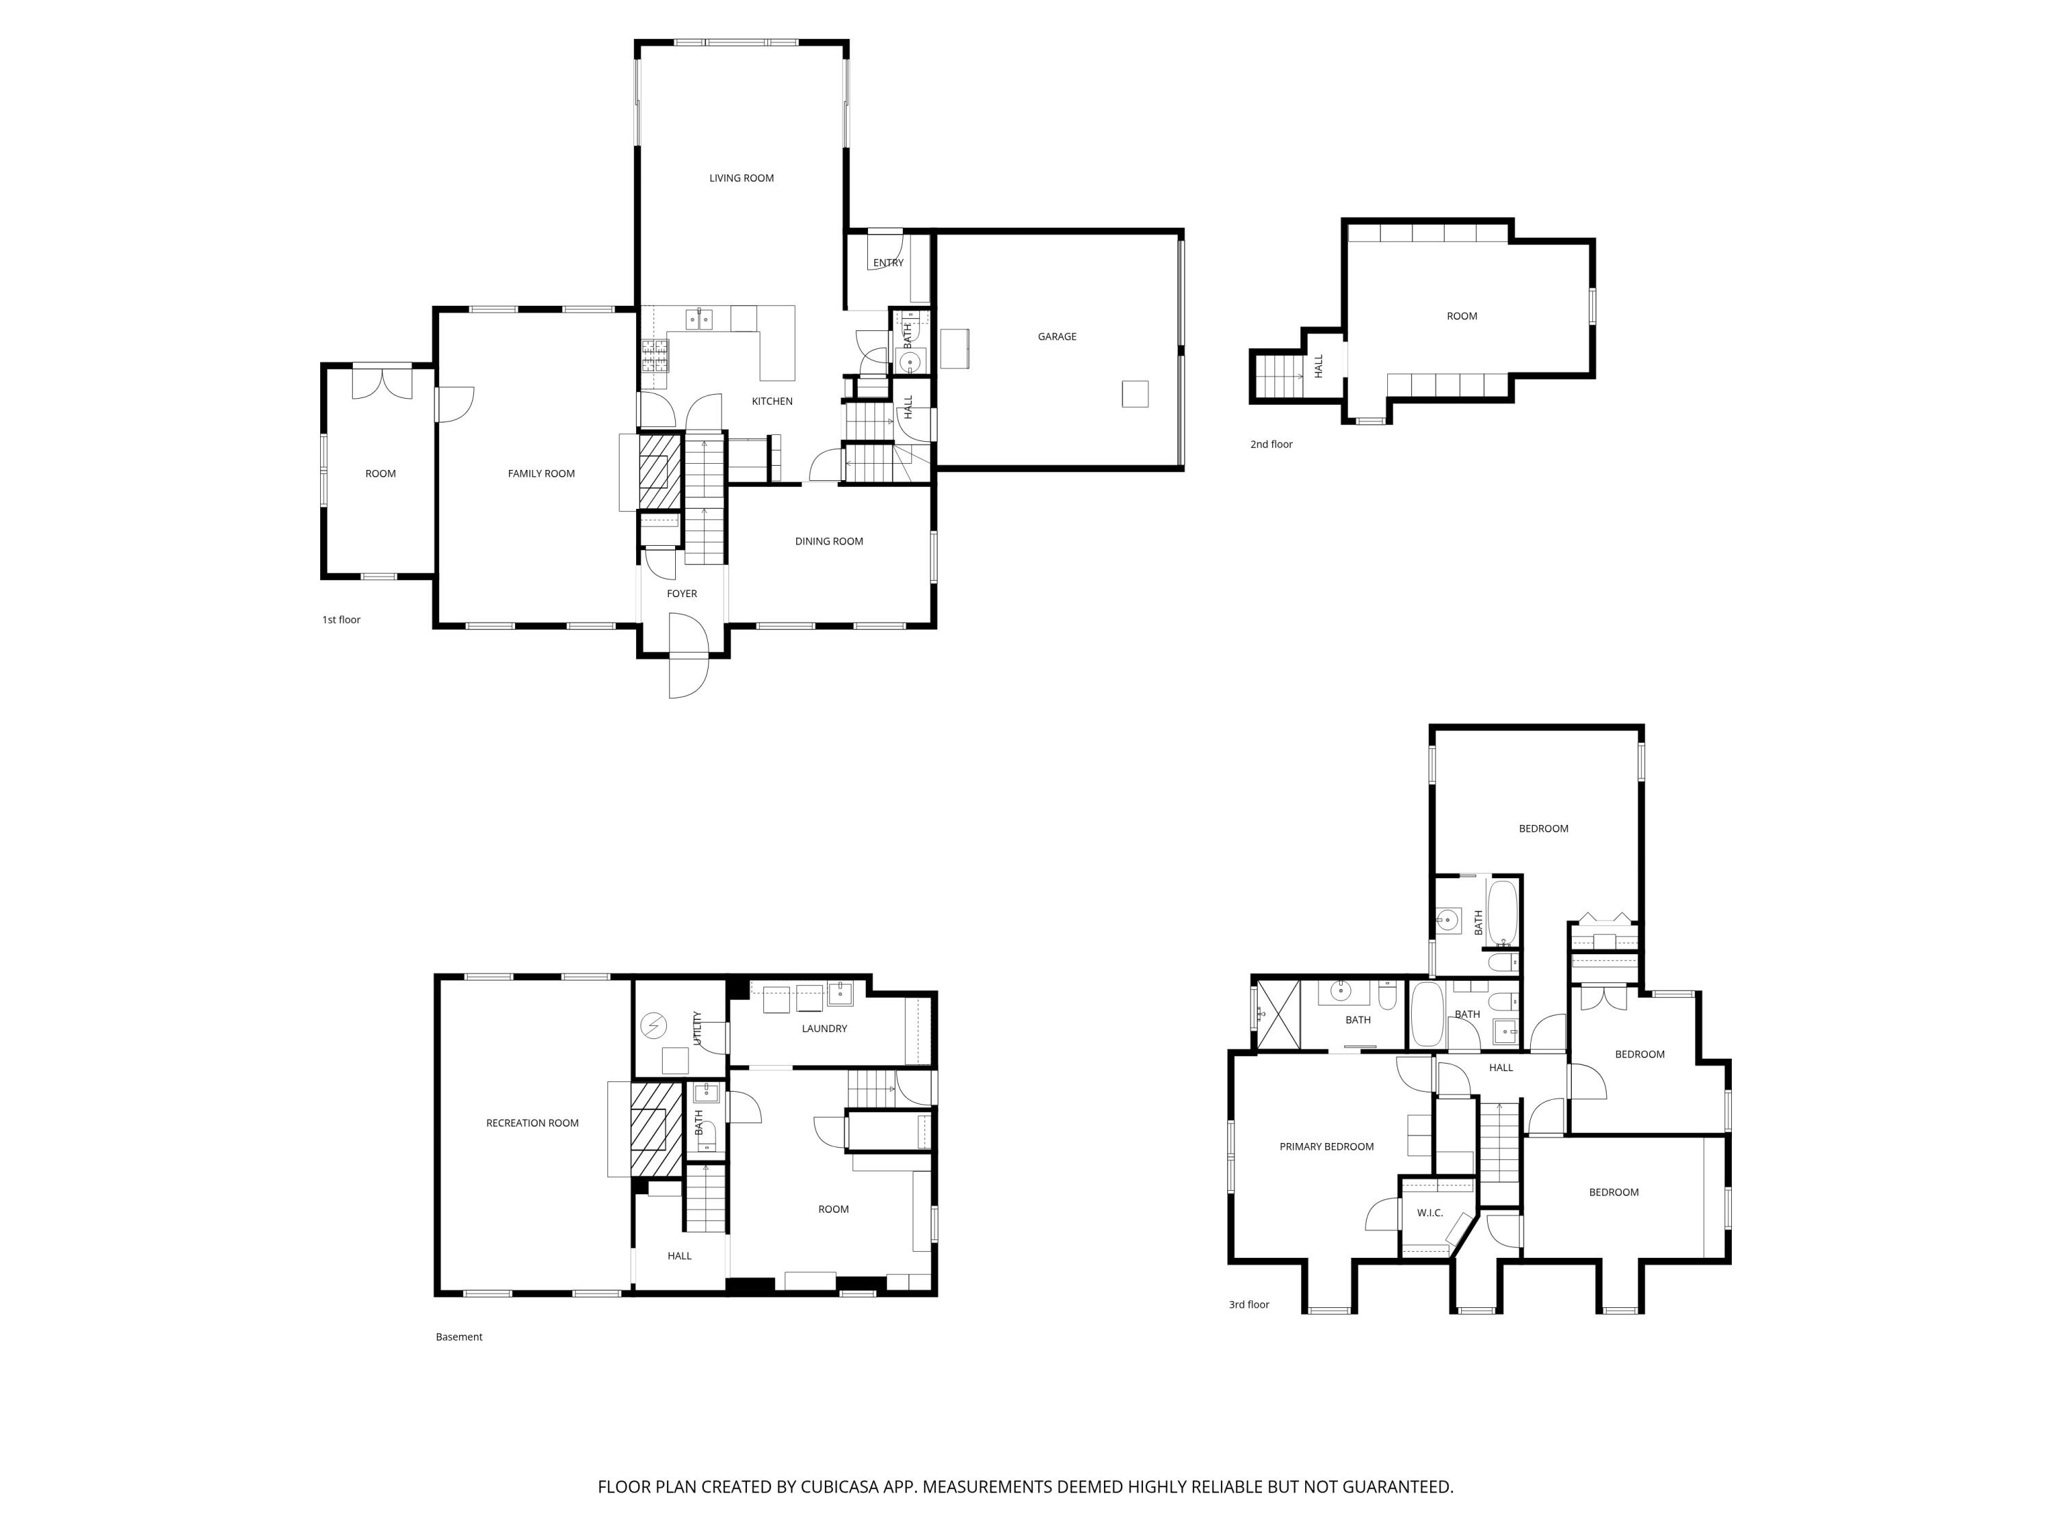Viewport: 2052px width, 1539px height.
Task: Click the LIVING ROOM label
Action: click(741, 178)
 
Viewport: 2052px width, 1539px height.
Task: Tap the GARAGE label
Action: click(1057, 337)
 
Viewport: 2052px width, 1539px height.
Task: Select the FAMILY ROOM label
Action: click(541, 473)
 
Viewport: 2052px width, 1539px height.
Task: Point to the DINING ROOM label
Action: click(828, 541)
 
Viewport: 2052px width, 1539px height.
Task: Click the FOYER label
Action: click(682, 594)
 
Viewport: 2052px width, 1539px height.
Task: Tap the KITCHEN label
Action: click(772, 402)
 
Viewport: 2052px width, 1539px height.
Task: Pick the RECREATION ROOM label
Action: click(532, 1123)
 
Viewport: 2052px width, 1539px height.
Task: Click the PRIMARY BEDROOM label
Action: click(1326, 1146)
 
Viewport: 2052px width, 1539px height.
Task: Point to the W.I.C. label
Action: click(1430, 1213)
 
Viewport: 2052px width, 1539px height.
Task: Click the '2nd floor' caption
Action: click(1271, 445)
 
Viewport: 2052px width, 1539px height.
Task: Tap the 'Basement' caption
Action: click(459, 1337)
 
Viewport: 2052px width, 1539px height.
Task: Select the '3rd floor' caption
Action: click(1248, 1304)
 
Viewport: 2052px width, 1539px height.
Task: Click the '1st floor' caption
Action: click(341, 620)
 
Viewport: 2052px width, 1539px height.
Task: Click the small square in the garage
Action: click(1135, 394)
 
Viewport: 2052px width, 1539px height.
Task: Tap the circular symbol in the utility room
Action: click(654, 1025)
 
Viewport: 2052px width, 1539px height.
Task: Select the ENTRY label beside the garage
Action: click(888, 263)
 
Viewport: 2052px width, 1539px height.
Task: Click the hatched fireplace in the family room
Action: click(659, 472)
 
